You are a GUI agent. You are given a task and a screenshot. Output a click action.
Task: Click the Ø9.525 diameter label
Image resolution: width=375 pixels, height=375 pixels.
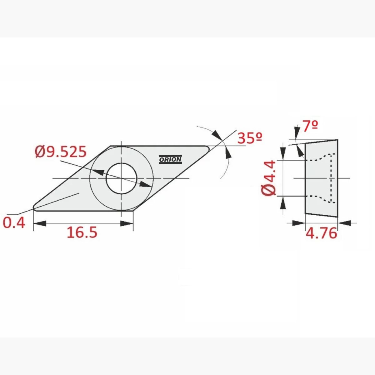(x=61, y=152)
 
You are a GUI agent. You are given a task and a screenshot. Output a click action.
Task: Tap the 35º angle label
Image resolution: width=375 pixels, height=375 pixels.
(x=250, y=138)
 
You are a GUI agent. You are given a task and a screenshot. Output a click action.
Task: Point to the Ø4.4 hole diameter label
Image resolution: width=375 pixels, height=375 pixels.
(x=269, y=178)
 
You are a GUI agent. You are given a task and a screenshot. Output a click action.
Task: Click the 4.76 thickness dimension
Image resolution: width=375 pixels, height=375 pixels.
(x=321, y=233)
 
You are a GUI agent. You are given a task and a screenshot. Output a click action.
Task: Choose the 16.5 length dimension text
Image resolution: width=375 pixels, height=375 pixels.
(x=82, y=232)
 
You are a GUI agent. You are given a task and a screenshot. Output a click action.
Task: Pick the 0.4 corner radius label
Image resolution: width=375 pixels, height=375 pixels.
(x=14, y=223)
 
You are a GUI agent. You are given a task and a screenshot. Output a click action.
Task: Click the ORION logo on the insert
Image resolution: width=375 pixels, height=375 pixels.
(x=170, y=159)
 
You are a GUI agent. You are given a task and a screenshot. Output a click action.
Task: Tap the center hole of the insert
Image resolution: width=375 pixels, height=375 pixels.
(x=122, y=178)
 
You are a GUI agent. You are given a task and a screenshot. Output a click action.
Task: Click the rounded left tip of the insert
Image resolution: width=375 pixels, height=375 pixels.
(x=34, y=207)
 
